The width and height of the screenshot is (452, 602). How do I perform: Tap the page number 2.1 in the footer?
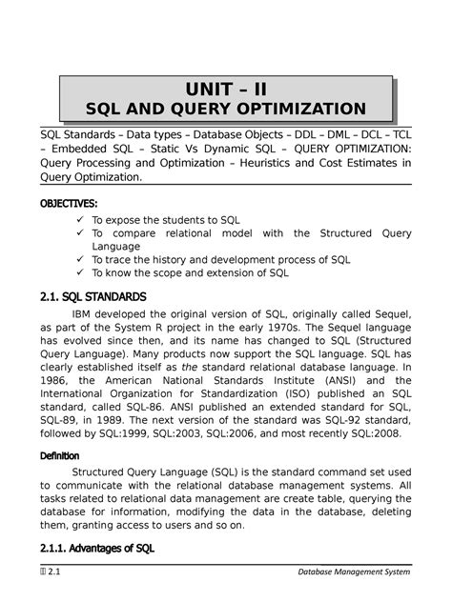41,572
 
